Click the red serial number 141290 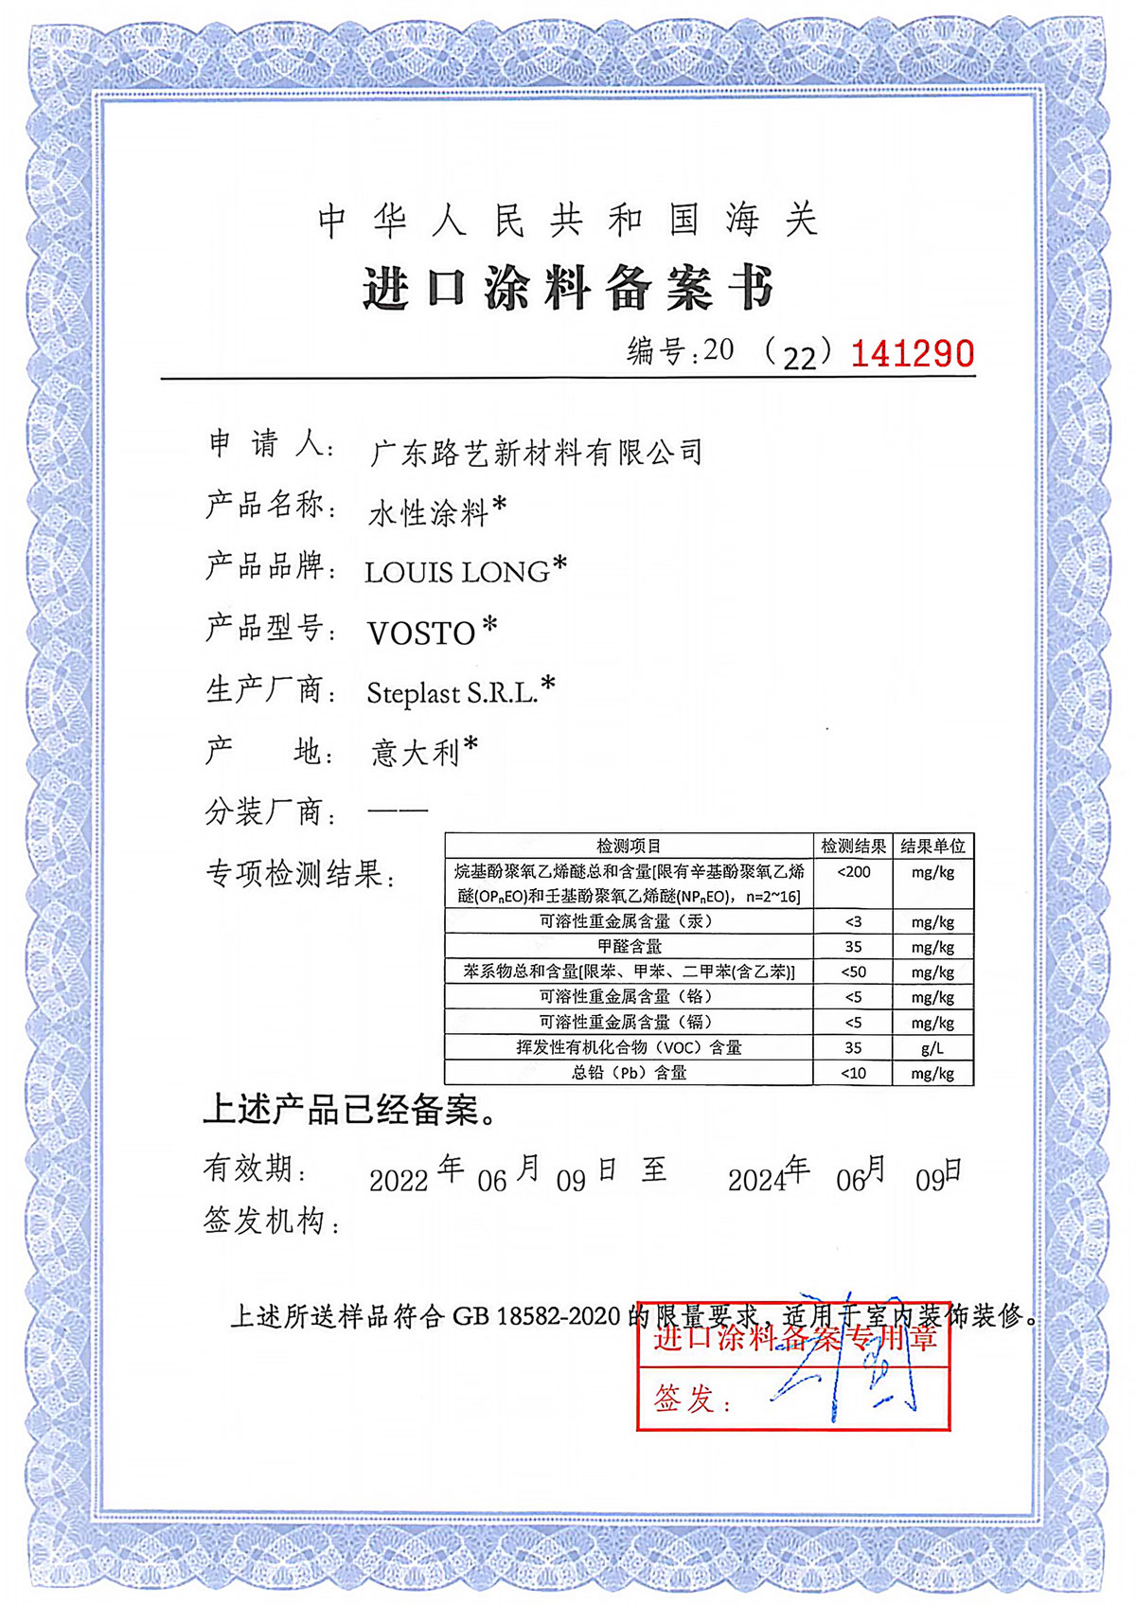912,353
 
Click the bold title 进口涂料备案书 568,288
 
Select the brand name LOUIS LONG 457,572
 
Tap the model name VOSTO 421,633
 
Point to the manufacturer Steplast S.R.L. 453,693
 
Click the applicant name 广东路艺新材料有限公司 536,453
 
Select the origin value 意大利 415,753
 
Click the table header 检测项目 629,846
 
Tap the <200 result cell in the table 853,872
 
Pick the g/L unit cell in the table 932,1048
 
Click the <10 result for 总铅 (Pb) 853,1074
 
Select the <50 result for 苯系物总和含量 853,972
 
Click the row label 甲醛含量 629,947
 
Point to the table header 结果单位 932,846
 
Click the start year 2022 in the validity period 399,1181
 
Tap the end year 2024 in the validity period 756,1180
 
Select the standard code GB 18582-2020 536,1316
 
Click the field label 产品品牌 266,566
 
